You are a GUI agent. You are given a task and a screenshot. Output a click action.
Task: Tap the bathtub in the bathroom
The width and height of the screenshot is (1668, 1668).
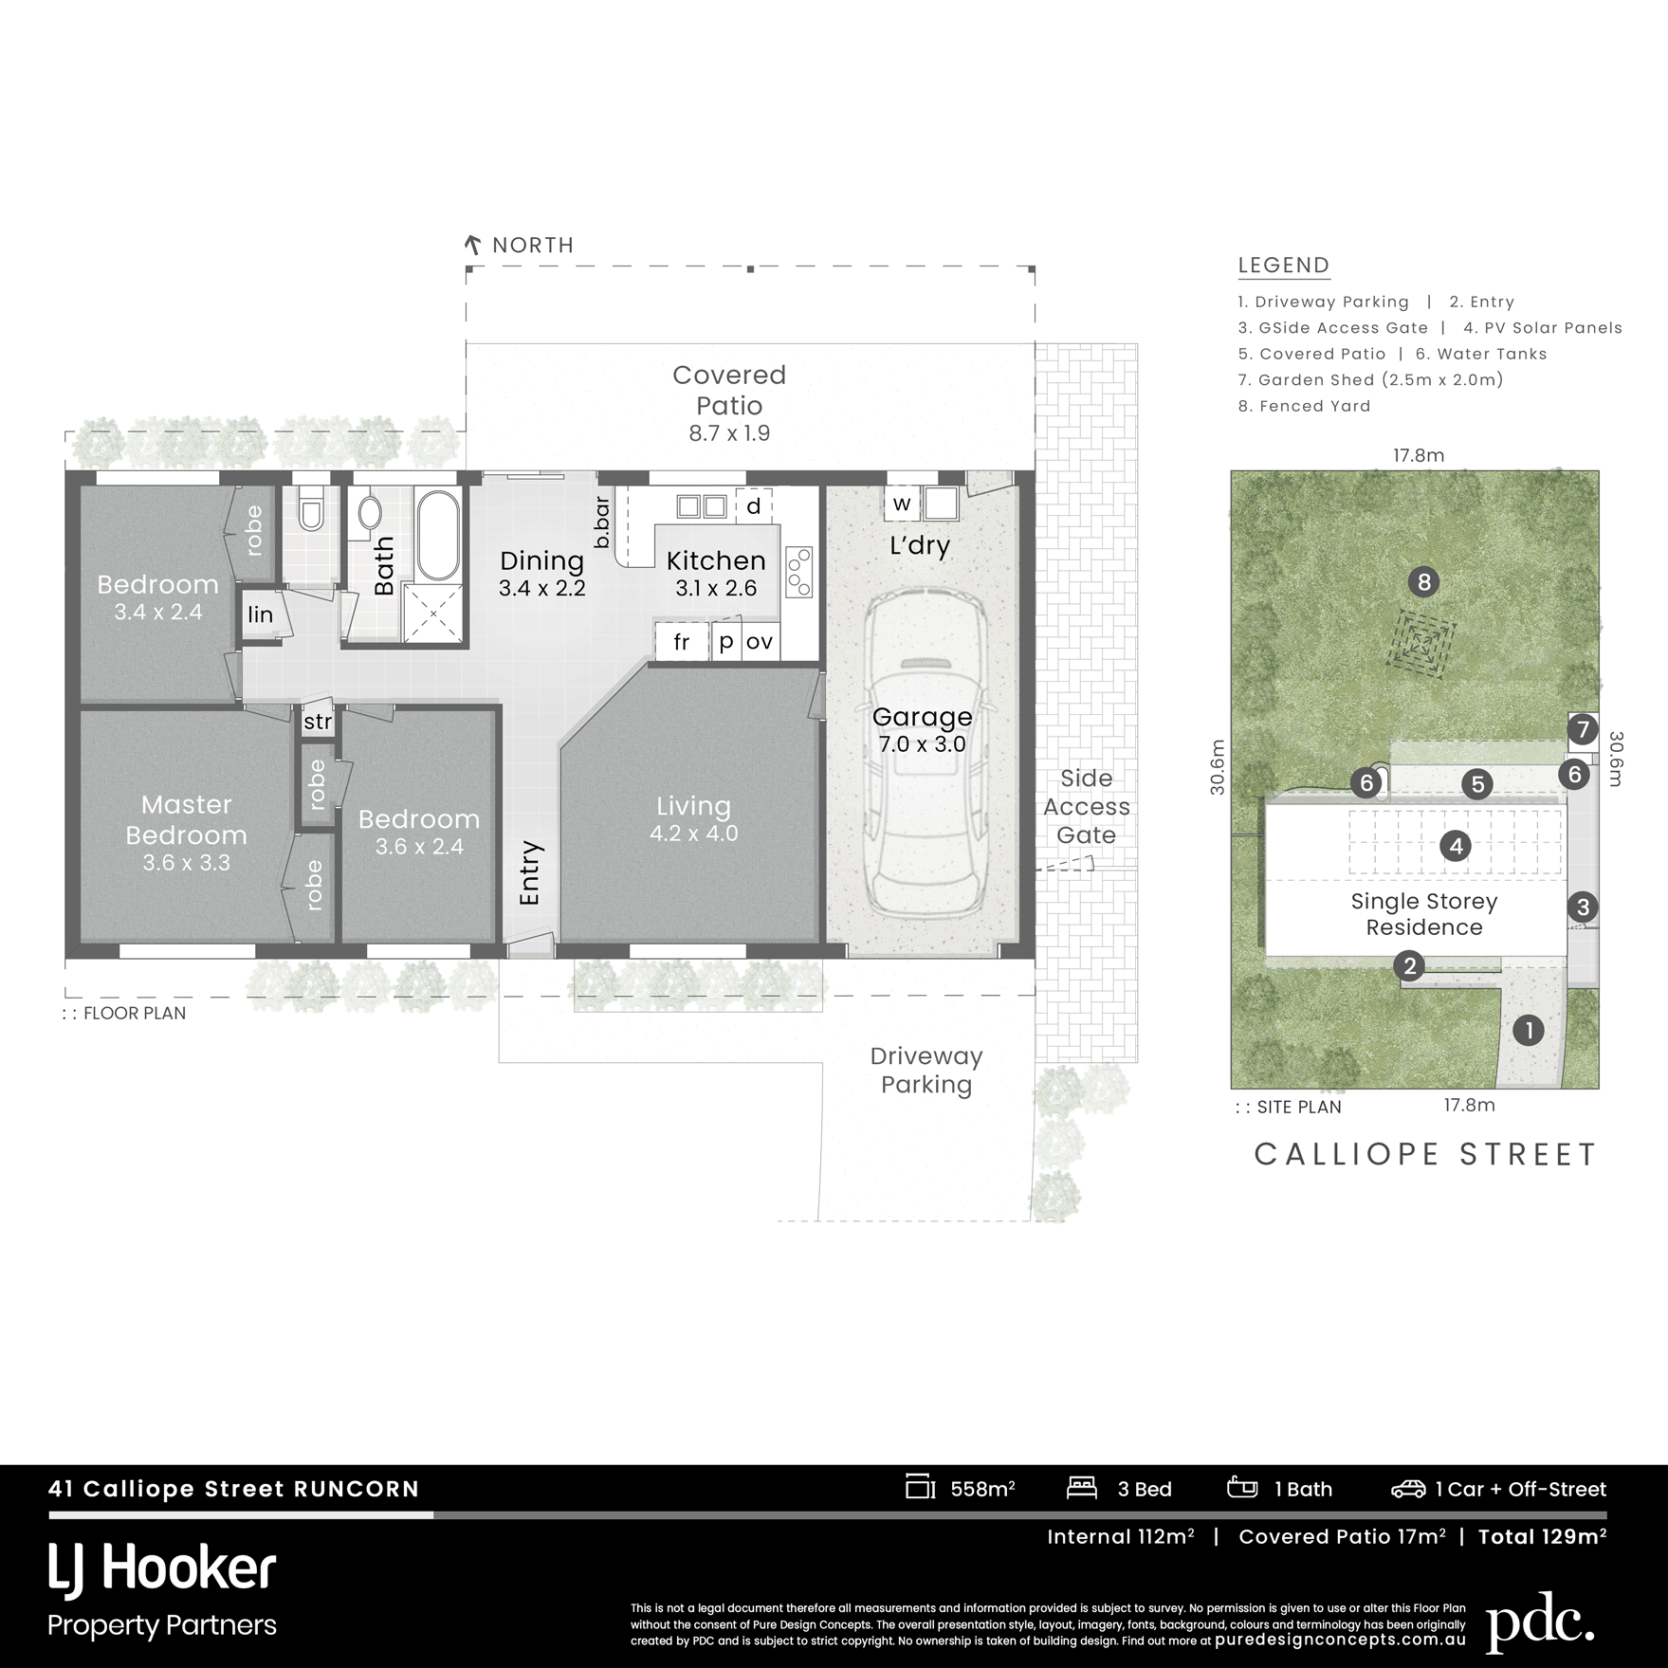[x=437, y=536]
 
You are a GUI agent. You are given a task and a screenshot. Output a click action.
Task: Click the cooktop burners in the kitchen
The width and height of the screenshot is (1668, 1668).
[x=799, y=572]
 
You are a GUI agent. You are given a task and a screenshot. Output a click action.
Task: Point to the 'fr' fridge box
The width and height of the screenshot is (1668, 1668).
[x=682, y=642]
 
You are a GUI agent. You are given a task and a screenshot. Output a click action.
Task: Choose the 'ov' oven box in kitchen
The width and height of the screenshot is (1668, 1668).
[x=760, y=642]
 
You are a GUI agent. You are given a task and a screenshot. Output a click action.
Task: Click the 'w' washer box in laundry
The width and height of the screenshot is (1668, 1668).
[x=902, y=504]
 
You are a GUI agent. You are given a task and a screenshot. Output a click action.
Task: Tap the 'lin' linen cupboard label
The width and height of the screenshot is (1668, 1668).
[x=260, y=614]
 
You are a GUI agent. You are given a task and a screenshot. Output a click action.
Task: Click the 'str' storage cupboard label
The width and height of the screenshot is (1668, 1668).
[x=318, y=722]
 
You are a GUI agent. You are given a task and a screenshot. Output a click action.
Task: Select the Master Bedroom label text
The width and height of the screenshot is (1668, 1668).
[x=187, y=820]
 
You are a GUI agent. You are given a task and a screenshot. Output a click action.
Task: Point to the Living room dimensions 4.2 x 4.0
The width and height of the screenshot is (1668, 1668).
[x=693, y=834]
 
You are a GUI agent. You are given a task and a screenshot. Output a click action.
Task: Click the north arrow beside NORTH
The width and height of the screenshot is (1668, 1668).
[x=472, y=246]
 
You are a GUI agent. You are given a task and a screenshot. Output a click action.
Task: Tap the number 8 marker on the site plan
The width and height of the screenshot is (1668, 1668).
[x=1423, y=581]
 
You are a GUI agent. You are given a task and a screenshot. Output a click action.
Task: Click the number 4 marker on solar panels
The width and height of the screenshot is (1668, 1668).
[x=1456, y=845]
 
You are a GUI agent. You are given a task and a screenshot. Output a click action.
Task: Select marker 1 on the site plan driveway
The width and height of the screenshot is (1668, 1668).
[x=1528, y=1030]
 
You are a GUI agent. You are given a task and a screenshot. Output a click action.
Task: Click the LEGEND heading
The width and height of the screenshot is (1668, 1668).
[x=1284, y=266]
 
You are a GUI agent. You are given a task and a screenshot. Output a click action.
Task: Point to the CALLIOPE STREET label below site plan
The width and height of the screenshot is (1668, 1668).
[x=1426, y=1154]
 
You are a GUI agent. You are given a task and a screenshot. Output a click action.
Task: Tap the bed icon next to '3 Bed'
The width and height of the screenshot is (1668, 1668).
[x=1082, y=1487]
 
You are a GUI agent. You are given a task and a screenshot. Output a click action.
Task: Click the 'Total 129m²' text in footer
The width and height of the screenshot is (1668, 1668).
[x=1543, y=1537]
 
